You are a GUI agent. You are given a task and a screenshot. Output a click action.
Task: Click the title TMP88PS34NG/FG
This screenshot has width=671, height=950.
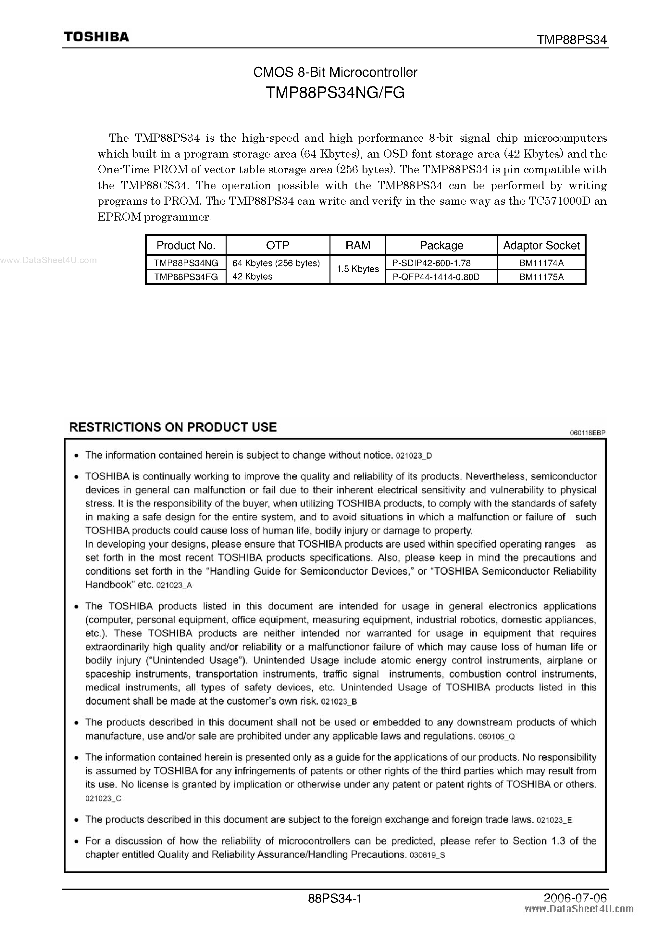tap(335, 93)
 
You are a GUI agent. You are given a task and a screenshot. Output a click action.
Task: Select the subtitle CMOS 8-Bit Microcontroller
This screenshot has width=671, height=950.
tap(335, 73)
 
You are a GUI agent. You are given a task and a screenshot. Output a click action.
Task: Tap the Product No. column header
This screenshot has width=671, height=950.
tap(186, 246)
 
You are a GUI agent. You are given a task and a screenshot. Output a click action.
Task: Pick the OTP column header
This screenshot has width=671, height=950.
tap(278, 246)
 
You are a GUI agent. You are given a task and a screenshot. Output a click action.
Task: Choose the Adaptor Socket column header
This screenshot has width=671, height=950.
tap(541, 246)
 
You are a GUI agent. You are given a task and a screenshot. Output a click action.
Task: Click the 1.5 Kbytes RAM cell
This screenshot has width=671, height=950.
tap(358, 269)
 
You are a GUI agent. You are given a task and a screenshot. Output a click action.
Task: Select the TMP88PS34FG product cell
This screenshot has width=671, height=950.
tap(186, 277)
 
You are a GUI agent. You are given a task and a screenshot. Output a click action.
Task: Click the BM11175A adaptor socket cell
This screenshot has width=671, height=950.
tap(541, 277)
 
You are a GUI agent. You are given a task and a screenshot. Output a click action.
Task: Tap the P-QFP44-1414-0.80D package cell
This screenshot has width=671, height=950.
tap(436, 277)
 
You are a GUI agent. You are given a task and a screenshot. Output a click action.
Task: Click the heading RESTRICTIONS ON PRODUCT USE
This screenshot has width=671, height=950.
tap(173, 428)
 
